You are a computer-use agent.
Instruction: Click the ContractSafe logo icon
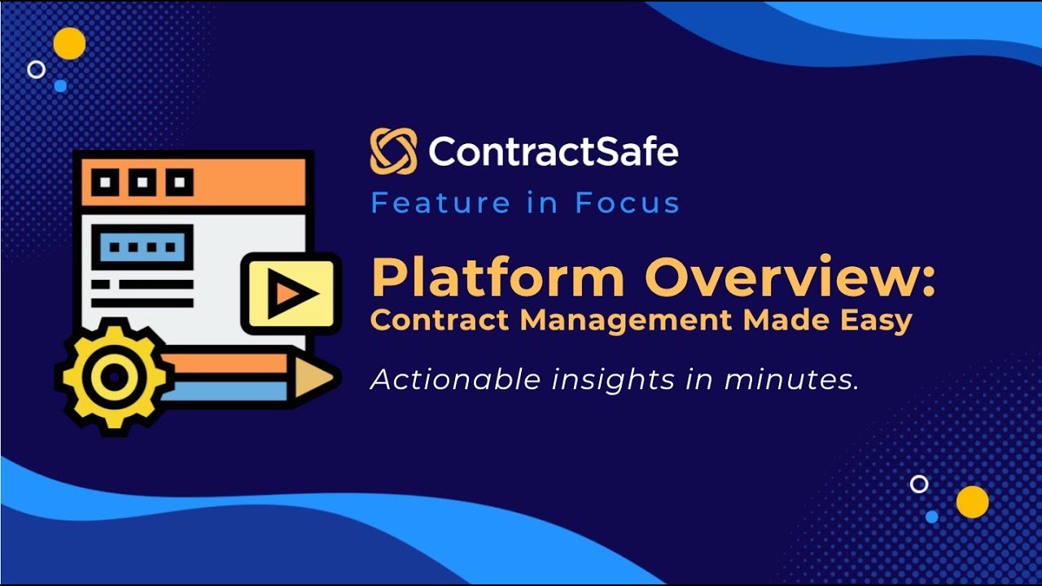pos(393,151)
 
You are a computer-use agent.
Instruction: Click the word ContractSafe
pos(553,151)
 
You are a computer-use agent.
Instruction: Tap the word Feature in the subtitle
pos(440,203)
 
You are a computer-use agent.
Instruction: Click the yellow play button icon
pos(290,293)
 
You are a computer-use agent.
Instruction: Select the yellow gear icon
pos(114,376)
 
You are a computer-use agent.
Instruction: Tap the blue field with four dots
pos(142,246)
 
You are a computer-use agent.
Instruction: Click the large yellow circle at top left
pos(69,43)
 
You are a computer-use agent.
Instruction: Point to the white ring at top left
pos(36,69)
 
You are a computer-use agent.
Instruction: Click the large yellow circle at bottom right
pos(972,502)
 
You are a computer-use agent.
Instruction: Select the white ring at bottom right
pos(919,484)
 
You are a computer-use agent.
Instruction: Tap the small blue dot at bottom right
pos(932,516)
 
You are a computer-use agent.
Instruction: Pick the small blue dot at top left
pos(60,85)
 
